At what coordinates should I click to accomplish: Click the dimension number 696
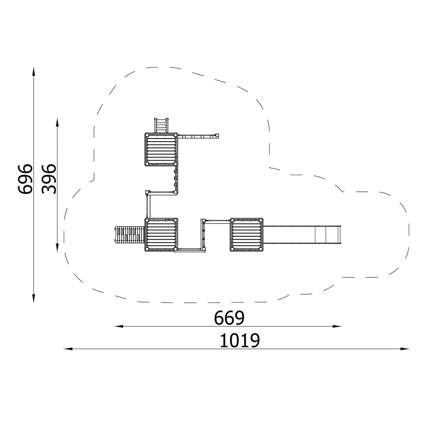pos(25,179)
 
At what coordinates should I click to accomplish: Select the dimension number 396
pos(49,179)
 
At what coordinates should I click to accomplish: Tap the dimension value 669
pos(229,318)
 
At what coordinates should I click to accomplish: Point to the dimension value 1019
pos(240,340)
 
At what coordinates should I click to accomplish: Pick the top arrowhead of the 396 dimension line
pos(57,123)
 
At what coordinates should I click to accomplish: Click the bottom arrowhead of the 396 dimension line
pos(57,247)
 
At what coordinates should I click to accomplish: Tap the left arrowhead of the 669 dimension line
pos(119,326)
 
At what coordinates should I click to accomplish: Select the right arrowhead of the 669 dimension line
pos(337,326)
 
